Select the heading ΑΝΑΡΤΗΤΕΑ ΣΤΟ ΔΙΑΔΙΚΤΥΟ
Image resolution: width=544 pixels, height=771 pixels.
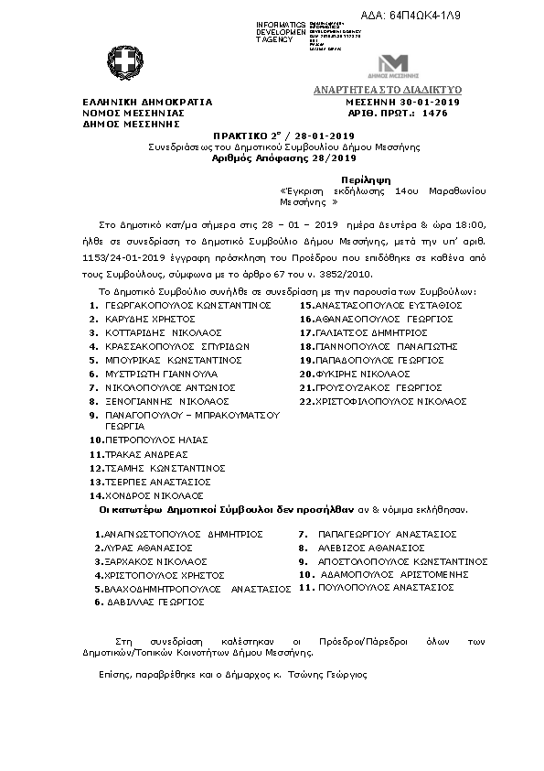pyautogui.click(x=388, y=90)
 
